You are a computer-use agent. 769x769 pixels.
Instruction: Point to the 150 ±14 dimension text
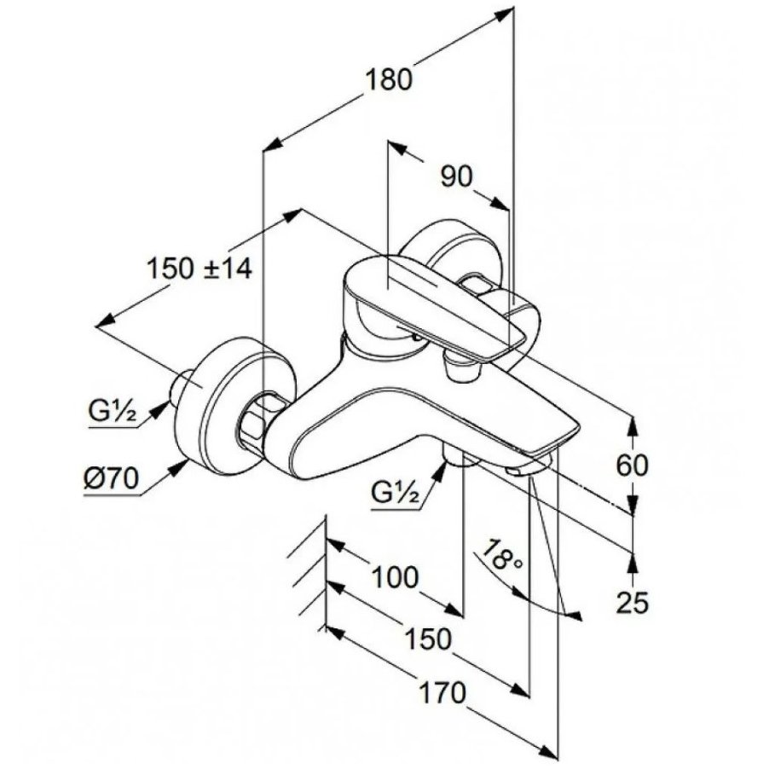pos(199,269)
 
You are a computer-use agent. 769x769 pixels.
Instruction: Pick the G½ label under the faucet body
pos(395,491)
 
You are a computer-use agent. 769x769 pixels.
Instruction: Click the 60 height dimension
pos(632,465)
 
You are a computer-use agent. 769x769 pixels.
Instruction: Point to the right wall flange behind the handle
pos(456,248)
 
